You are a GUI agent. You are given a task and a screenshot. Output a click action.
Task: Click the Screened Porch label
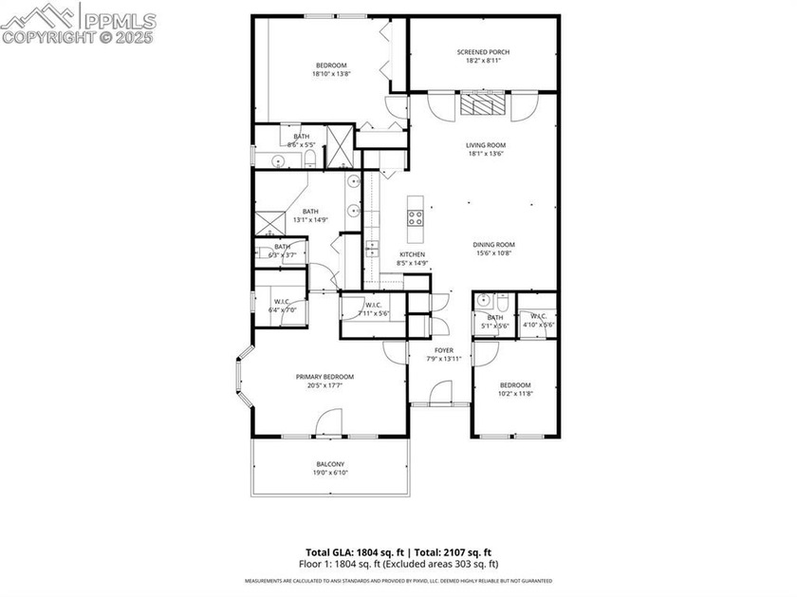tap(478, 51)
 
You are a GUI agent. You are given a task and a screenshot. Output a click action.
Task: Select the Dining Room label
tap(492, 245)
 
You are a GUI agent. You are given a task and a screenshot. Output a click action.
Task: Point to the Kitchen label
tap(412, 255)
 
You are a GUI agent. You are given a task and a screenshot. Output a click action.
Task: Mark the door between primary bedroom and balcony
tap(328, 424)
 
